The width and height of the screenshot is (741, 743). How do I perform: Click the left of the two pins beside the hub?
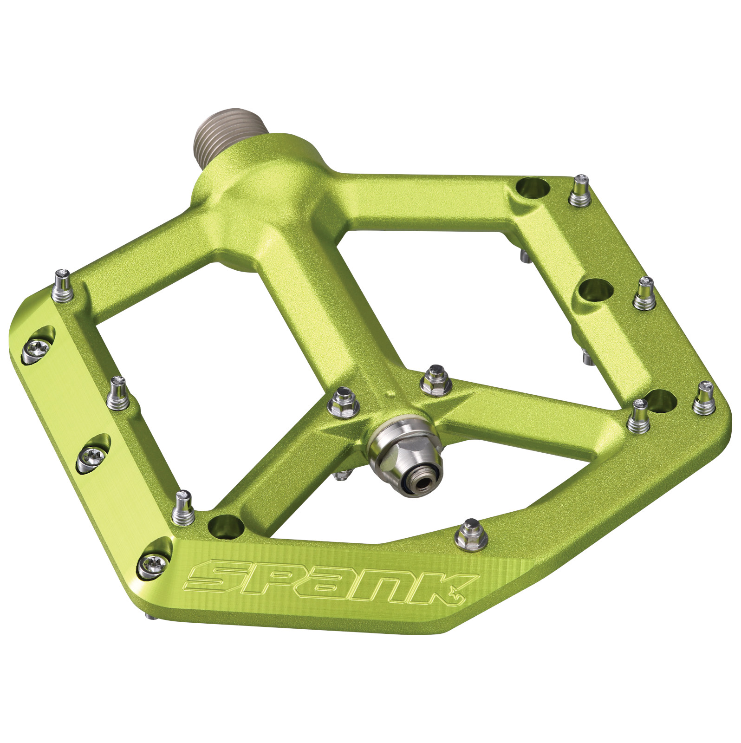coord(344,402)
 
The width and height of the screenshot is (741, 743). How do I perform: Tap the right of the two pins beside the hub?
coord(435,380)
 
